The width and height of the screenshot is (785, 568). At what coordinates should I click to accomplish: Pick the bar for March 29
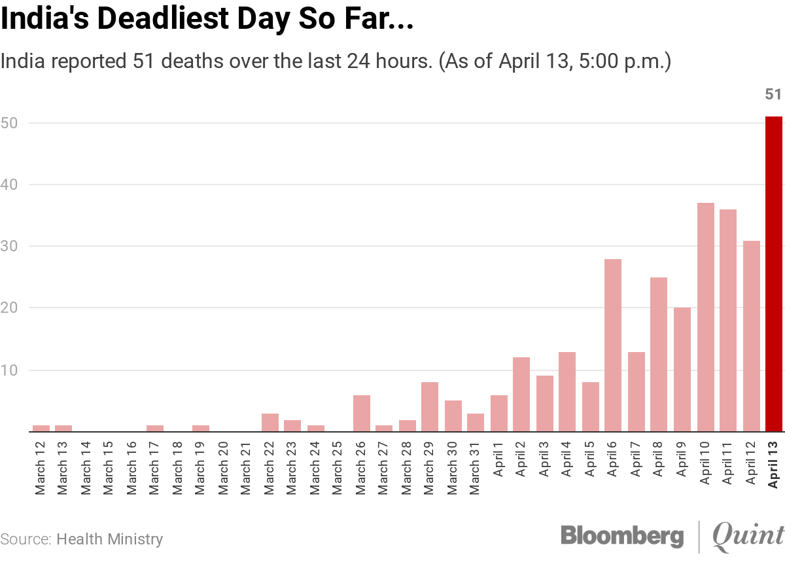pos(430,407)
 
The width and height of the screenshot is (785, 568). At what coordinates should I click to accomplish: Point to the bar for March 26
pos(361,413)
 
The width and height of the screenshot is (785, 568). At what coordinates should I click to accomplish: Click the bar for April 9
pos(682,370)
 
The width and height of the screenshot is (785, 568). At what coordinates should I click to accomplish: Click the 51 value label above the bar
pos(773,95)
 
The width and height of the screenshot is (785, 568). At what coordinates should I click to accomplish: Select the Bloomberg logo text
pos(621,535)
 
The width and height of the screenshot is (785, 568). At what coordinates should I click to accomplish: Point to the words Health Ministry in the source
pos(110,540)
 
